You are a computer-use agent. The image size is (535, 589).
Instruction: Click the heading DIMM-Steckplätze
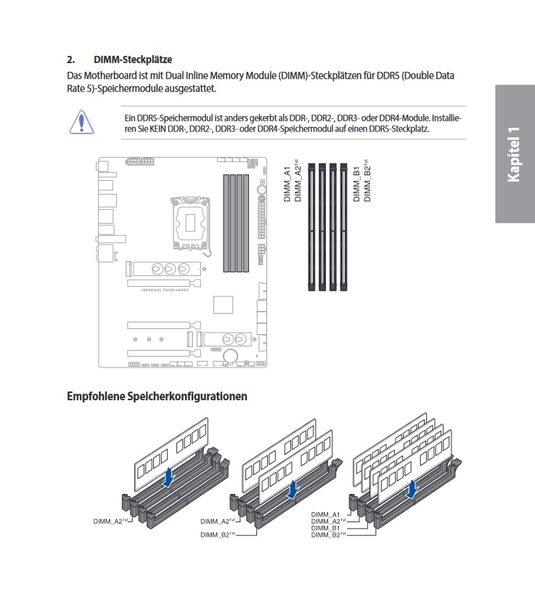click(133, 59)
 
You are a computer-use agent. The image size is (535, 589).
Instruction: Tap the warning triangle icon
click(82, 121)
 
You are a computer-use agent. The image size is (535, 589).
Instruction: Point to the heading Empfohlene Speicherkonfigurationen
click(157, 397)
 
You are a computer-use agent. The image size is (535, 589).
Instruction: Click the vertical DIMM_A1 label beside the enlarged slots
click(287, 184)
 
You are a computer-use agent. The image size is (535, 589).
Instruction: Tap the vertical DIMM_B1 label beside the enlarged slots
click(356, 183)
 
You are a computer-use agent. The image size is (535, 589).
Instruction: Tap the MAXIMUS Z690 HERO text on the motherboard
click(165, 289)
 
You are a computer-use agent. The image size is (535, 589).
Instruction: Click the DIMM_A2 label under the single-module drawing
click(110, 521)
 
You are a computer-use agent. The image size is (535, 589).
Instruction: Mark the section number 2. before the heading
click(71, 59)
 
